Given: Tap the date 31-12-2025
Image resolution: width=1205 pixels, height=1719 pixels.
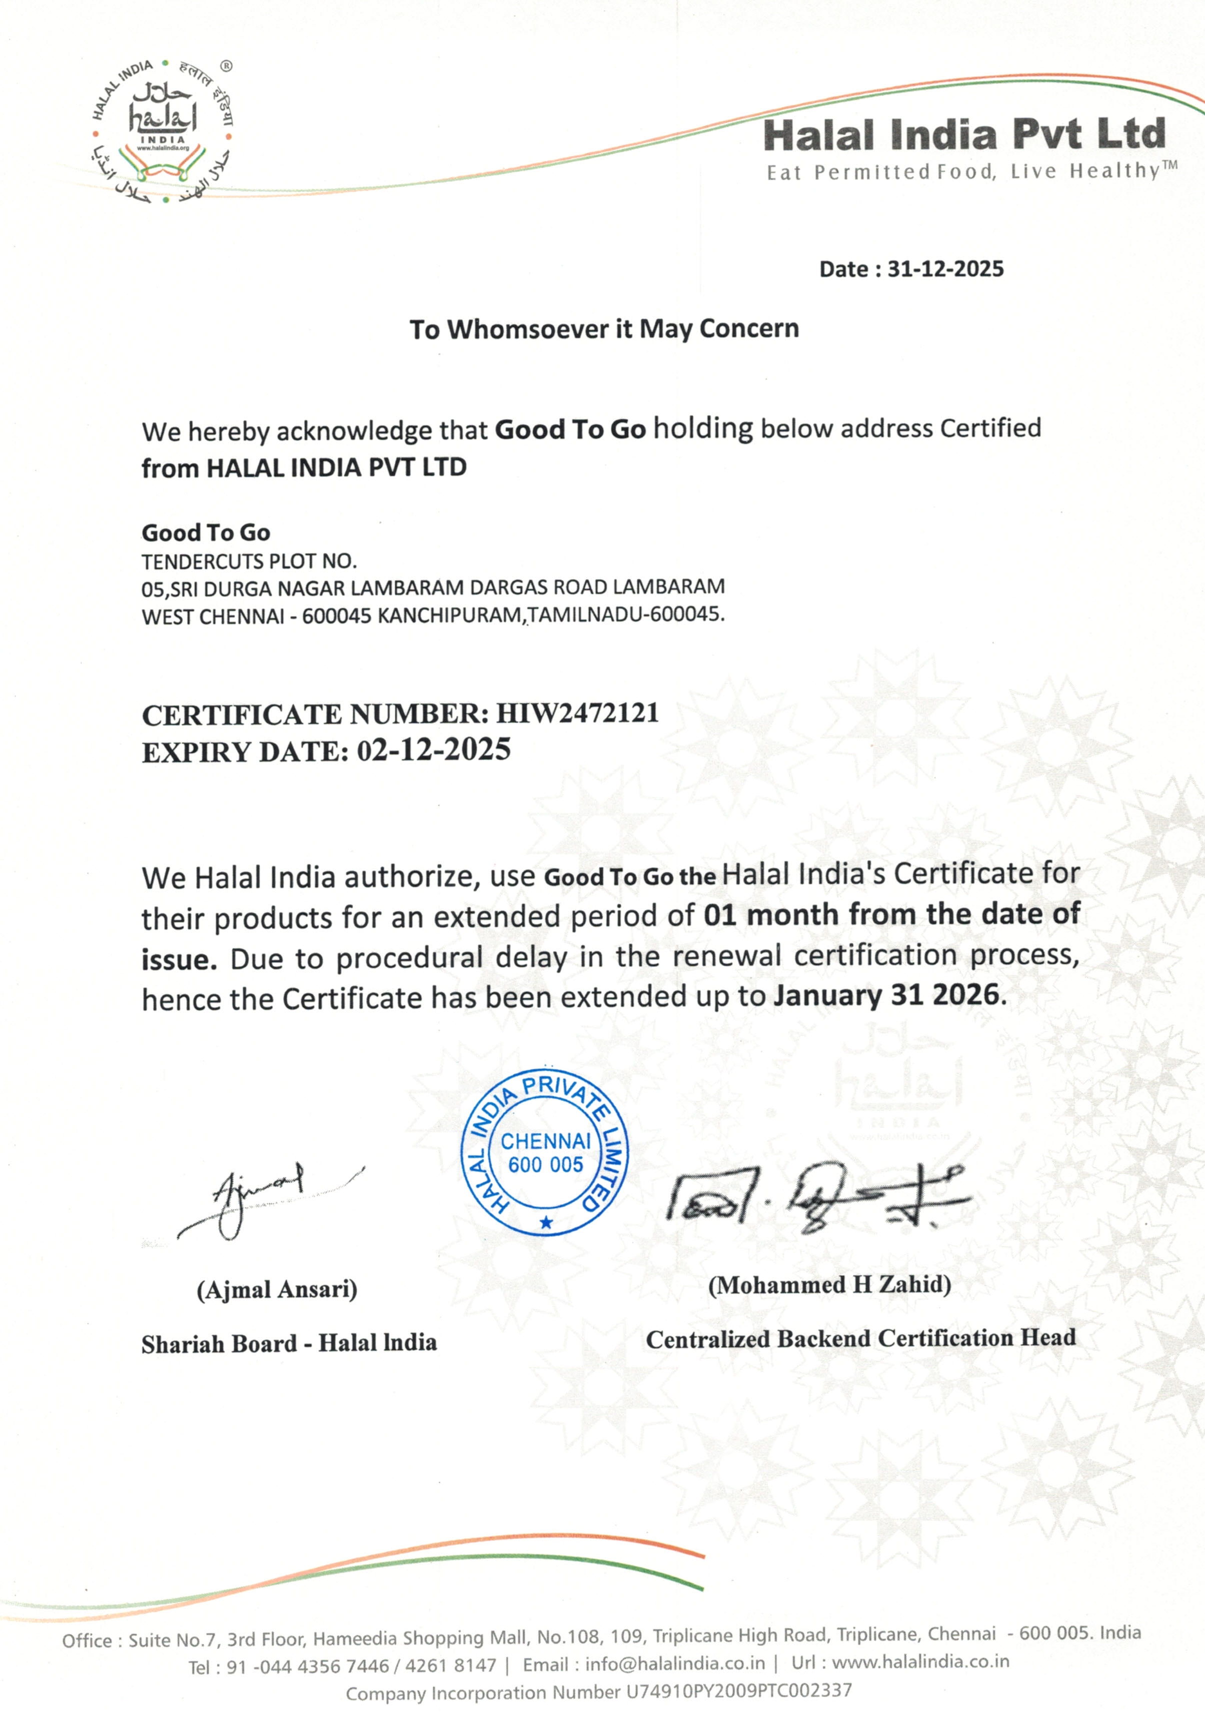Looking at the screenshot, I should [x=945, y=270].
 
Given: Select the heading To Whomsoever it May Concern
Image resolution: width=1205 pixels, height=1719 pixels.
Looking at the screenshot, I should [x=604, y=329].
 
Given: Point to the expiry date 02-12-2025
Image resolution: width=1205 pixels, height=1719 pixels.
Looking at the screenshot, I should [x=433, y=750].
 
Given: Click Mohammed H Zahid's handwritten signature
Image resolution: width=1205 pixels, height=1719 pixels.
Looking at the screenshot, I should [x=816, y=1194].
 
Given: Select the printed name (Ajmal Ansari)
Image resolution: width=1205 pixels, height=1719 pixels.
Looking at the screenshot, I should [x=277, y=1289].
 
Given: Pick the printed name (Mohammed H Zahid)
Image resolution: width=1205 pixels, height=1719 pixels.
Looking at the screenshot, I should [x=830, y=1285].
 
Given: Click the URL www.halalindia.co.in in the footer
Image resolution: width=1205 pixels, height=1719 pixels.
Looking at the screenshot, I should [x=920, y=1662].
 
